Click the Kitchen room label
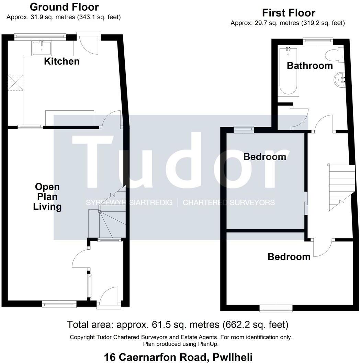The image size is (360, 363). pos(62,61)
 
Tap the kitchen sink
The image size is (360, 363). pos(41,48)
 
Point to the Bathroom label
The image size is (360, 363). pos(310,65)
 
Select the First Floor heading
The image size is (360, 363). pos(289,13)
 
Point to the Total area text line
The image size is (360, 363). pos(178,324)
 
